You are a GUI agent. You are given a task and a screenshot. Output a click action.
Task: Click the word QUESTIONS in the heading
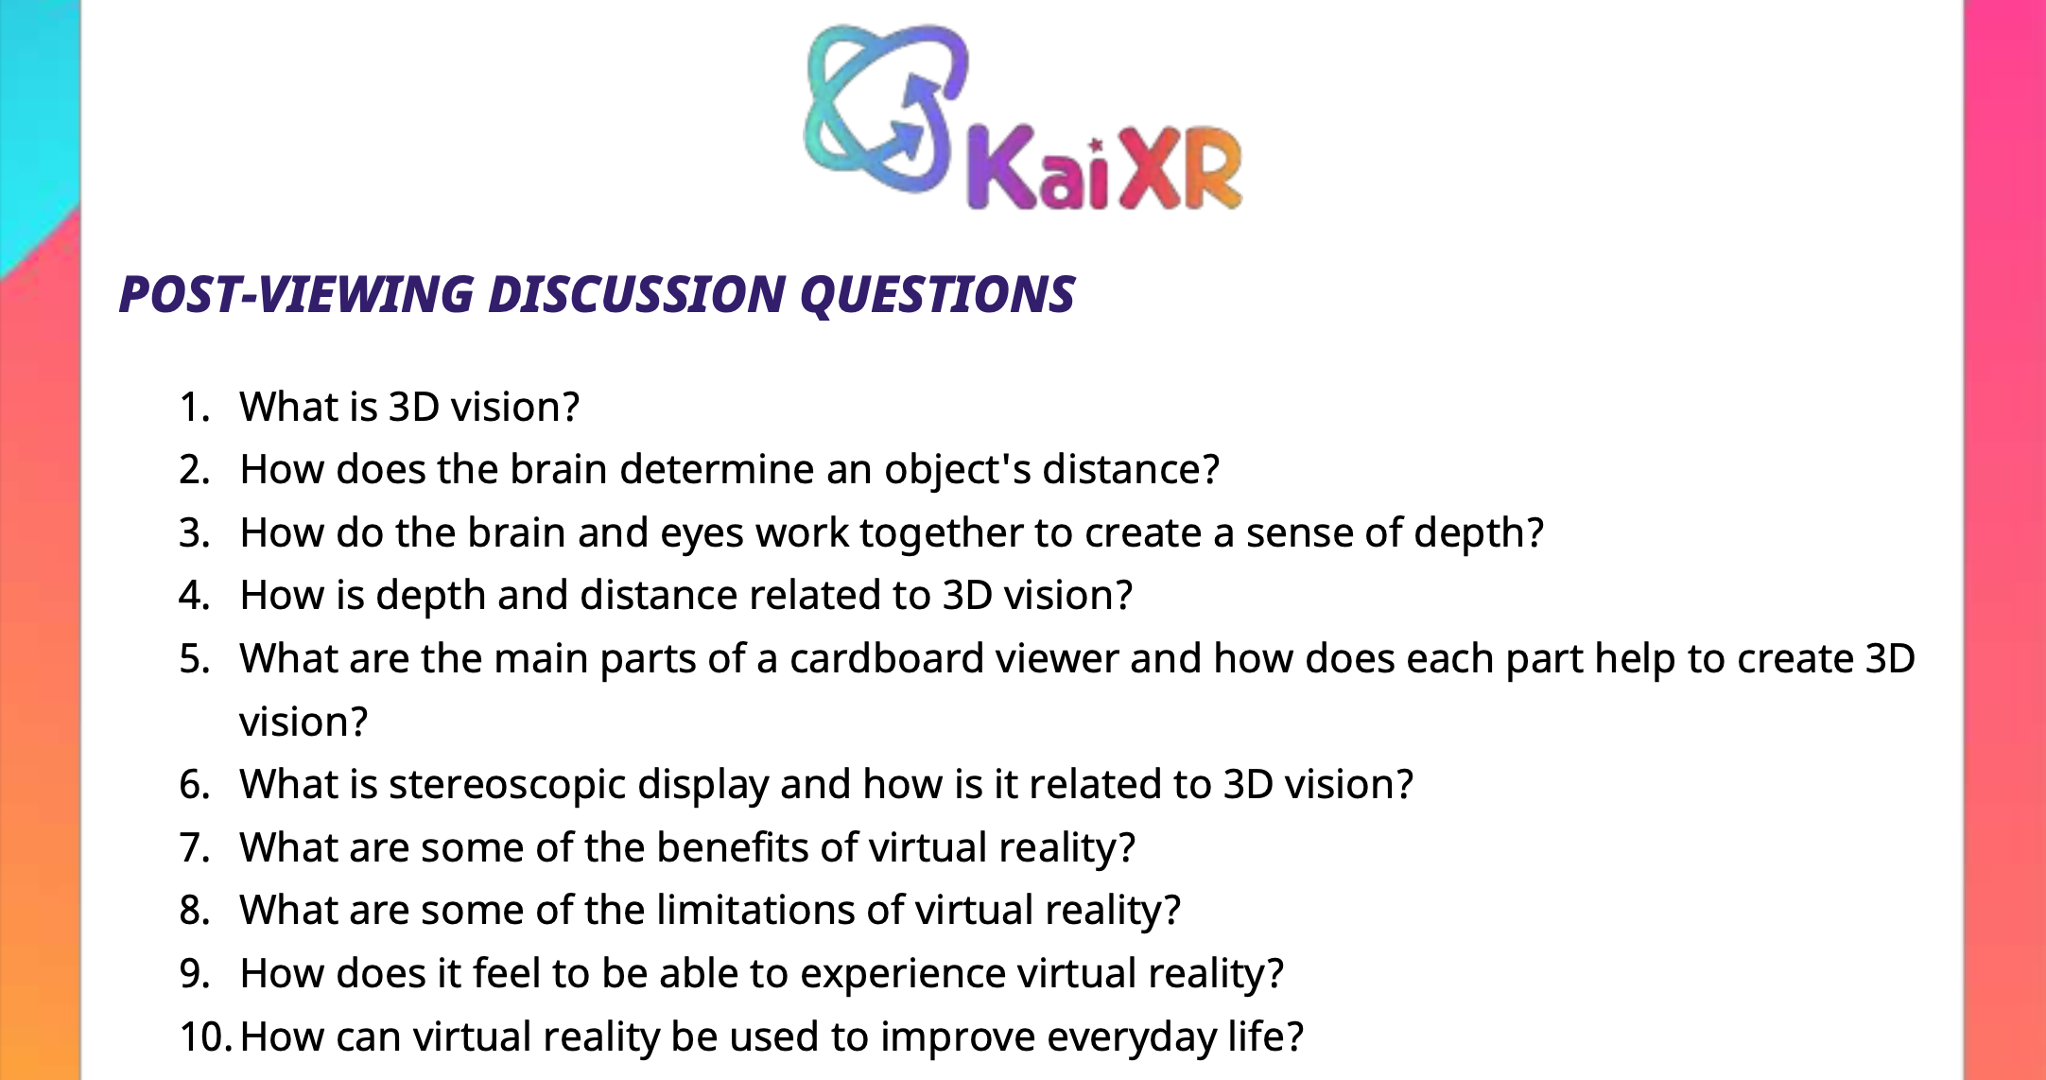(937, 294)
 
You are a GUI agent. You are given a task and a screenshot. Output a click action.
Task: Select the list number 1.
(194, 408)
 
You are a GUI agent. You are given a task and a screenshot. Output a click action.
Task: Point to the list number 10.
(205, 1037)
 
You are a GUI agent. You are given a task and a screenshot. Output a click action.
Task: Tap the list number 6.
(194, 785)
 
